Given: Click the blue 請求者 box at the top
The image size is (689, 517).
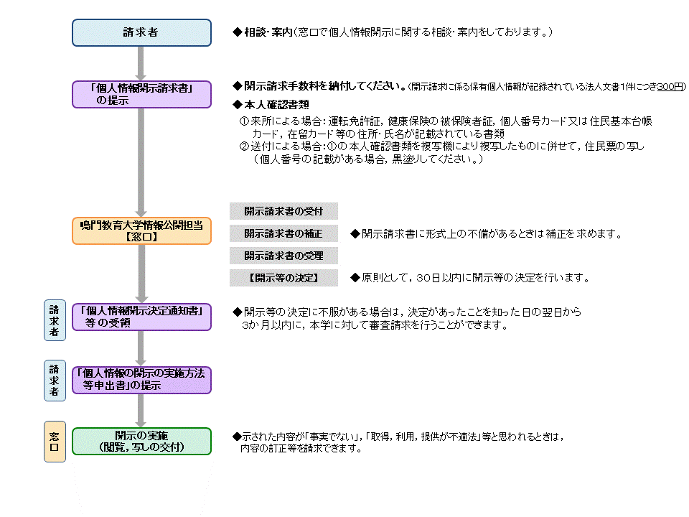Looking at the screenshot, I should pyautogui.click(x=141, y=32).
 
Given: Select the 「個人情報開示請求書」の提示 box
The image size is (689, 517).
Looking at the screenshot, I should pyautogui.click(x=141, y=94).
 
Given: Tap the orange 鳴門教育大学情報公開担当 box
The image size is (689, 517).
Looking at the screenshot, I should pyautogui.click(x=141, y=230).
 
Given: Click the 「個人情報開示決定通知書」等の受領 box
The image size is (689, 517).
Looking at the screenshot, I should pyautogui.click(x=141, y=317).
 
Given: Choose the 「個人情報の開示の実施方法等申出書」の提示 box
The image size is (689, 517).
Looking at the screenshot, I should pyautogui.click(x=141, y=380).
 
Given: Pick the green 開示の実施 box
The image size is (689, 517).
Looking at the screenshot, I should pyautogui.click(x=141, y=441).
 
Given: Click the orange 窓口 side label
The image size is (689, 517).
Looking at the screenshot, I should pyautogui.click(x=55, y=441).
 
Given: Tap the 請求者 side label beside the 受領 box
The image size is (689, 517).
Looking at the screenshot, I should pyautogui.click(x=55, y=317).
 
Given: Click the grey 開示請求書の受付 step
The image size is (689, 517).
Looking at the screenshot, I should pyautogui.click(x=283, y=211).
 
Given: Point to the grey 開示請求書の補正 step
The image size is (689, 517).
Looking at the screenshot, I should pyautogui.click(x=283, y=233).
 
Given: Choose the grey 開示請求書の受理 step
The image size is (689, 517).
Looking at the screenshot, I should pyautogui.click(x=283, y=255).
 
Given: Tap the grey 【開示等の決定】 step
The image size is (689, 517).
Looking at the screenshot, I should pyautogui.click(x=283, y=277).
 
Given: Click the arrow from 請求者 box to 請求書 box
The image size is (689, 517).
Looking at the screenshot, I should pyautogui.click(x=141, y=63).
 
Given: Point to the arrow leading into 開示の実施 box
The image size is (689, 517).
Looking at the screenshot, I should pyautogui.click(x=141, y=411).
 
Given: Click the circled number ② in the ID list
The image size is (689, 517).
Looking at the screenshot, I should pyautogui.click(x=244, y=146).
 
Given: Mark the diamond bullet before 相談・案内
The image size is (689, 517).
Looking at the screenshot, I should pyautogui.click(x=238, y=33).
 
